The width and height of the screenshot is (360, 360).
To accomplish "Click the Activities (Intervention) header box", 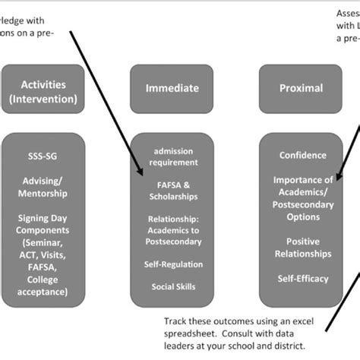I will pos(43,92).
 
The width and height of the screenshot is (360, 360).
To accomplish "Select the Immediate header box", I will pos(172,88).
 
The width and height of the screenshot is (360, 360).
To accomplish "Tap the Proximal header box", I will pos(302,88).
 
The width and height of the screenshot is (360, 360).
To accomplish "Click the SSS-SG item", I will pos(43,156).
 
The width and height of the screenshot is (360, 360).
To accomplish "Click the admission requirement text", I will pos(172,157).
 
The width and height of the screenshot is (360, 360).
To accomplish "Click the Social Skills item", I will pos(172,287).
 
